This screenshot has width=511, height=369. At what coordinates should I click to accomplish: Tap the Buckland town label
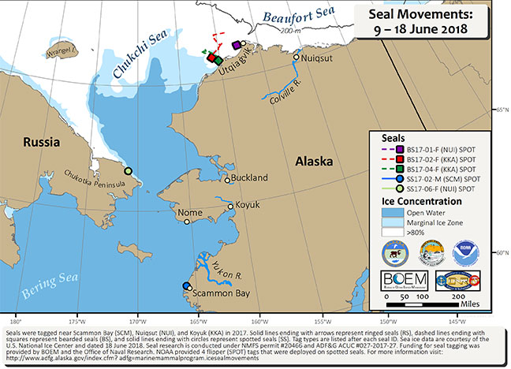(252, 181)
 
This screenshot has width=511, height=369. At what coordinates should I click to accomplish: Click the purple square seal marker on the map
(235, 45)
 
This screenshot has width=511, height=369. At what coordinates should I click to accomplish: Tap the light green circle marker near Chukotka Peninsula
(128, 170)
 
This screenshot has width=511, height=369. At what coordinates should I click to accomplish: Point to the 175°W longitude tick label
(77, 321)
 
